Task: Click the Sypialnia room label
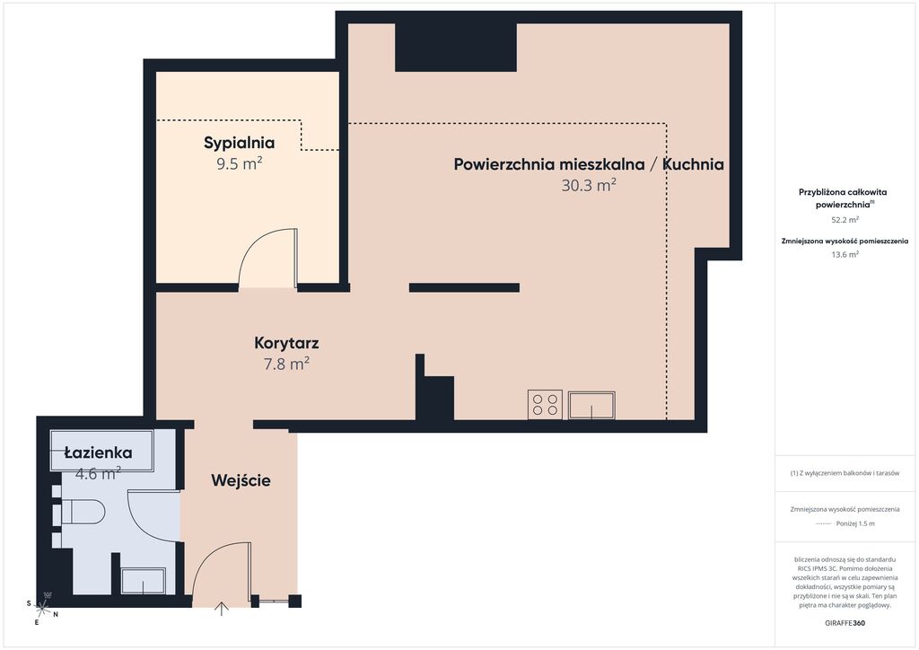(x=239, y=143)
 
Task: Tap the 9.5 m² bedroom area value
(x=239, y=163)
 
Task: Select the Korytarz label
(x=286, y=343)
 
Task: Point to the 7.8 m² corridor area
(x=286, y=364)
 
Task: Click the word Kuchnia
(x=694, y=164)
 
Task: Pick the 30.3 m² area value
(x=589, y=185)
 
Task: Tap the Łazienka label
(x=98, y=452)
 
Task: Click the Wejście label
(x=241, y=480)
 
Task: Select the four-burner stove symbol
(x=545, y=405)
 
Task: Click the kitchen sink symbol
(x=591, y=405)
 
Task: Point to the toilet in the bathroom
(x=83, y=513)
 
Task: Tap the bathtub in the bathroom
(x=102, y=451)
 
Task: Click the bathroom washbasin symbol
(x=143, y=581)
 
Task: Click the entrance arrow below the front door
(x=222, y=610)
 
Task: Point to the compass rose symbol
(x=43, y=607)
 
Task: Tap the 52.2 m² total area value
(x=845, y=220)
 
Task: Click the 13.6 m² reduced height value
(x=845, y=255)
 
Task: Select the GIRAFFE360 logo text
(x=845, y=623)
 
